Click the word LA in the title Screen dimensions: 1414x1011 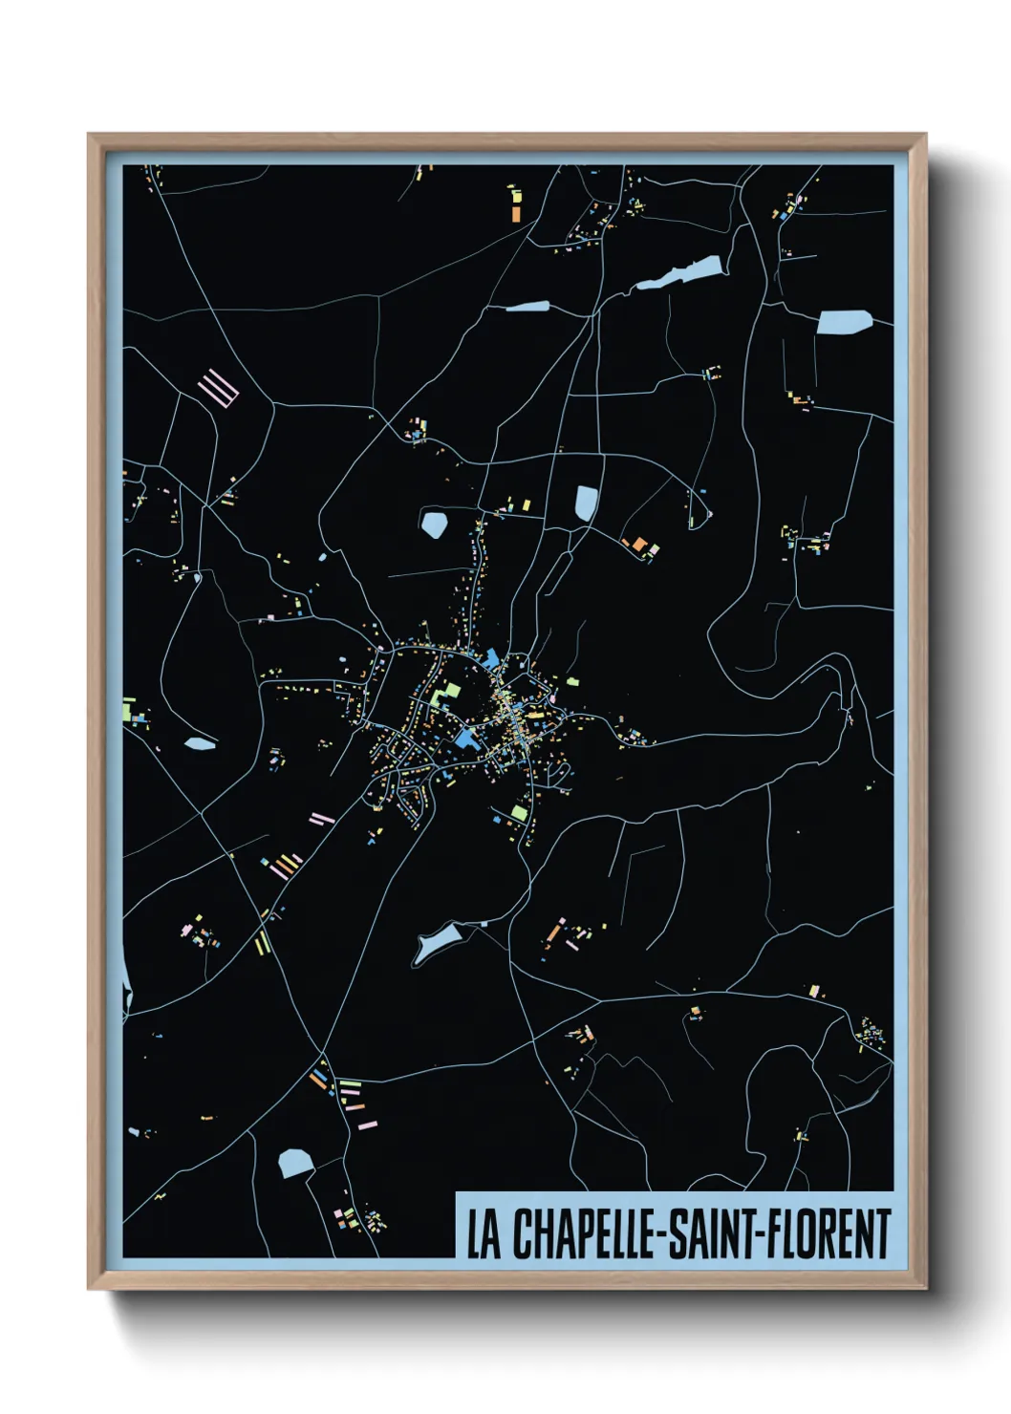click(x=483, y=1234)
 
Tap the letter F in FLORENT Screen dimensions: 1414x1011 click(x=773, y=1234)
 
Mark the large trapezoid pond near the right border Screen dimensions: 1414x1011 click(x=845, y=322)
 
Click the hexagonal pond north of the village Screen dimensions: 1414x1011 click(x=435, y=524)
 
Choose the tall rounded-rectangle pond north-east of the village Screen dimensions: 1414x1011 click(x=586, y=503)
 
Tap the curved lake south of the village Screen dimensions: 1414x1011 click(x=435, y=941)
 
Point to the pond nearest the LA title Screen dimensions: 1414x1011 click(x=295, y=1163)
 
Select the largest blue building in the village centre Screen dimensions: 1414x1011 click(x=468, y=738)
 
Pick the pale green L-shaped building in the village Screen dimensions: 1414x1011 click(x=443, y=692)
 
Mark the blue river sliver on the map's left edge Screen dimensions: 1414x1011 click(x=125, y=984)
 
